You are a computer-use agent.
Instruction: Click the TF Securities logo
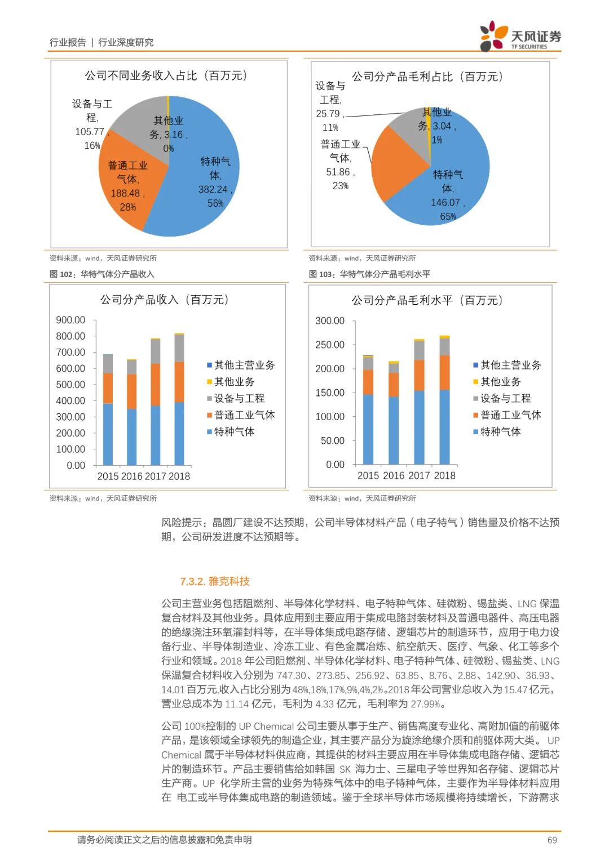click(x=520, y=37)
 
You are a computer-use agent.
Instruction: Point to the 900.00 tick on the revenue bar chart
click(x=70, y=320)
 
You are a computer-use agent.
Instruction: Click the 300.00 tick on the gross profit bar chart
click(x=330, y=320)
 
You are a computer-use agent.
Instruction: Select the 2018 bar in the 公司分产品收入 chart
click(x=179, y=400)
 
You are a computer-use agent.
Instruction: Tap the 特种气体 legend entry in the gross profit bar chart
click(x=500, y=431)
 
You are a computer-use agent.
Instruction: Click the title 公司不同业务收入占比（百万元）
click(x=166, y=75)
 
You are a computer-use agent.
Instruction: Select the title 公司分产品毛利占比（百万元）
click(x=427, y=77)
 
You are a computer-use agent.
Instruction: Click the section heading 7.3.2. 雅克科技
click(x=215, y=581)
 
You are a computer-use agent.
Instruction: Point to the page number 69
click(x=552, y=840)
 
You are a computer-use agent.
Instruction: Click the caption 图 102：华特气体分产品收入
click(x=102, y=274)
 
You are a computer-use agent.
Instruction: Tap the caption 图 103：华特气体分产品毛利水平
click(x=369, y=274)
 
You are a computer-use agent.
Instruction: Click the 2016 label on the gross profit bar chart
click(x=394, y=475)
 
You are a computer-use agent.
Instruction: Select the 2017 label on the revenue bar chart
click(x=156, y=476)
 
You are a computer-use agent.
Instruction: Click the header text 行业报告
click(x=68, y=42)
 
